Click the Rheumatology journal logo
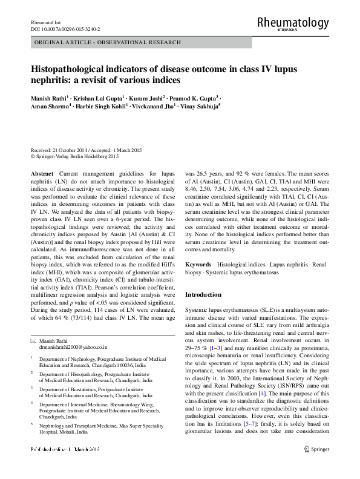click(293, 23)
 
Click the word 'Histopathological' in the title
click(73, 69)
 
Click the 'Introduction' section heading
click(204, 294)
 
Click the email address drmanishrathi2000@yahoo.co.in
click(73, 348)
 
